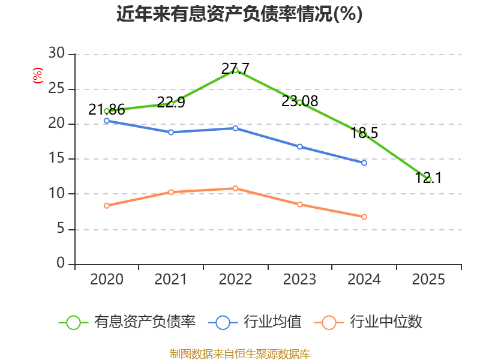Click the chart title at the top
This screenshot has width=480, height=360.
click(x=239, y=14)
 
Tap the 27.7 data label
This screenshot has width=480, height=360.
click(x=235, y=68)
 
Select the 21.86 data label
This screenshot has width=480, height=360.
click(x=107, y=110)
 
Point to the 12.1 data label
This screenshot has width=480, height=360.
click(x=428, y=178)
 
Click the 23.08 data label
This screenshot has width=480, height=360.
click(x=299, y=101)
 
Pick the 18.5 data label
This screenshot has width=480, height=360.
click(x=364, y=133)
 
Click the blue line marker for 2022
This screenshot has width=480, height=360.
click(x=235, y=128)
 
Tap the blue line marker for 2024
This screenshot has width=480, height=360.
click(x=364, y=163)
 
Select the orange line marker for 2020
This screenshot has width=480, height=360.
click(x=107, y=206)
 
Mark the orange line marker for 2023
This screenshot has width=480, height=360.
click(x=299, y=205)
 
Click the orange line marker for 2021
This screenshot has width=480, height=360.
click(x=171, y=192)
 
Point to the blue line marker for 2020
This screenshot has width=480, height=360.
click(x=107, y=121)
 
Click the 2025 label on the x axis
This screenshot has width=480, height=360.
click(x=428, y=279)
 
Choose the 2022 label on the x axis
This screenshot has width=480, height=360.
click(x=235, y=279)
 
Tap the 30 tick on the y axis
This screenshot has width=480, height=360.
click(x=56, y=53)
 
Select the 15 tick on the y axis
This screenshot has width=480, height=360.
click(x=56, y=158)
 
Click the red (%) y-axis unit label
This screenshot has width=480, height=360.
click(x=38, y=76)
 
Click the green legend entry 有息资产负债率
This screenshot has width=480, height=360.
click(x=127, y=322)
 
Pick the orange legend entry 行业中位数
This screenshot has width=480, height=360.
click(x=368, y=322)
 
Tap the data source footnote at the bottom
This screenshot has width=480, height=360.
click(x=239, y=354)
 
